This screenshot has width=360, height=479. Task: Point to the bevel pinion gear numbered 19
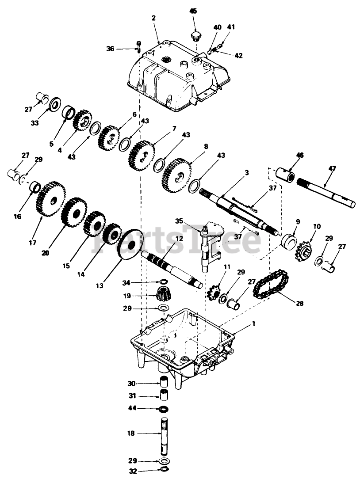point(163,292)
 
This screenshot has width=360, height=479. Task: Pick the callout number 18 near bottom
point(131,433)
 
